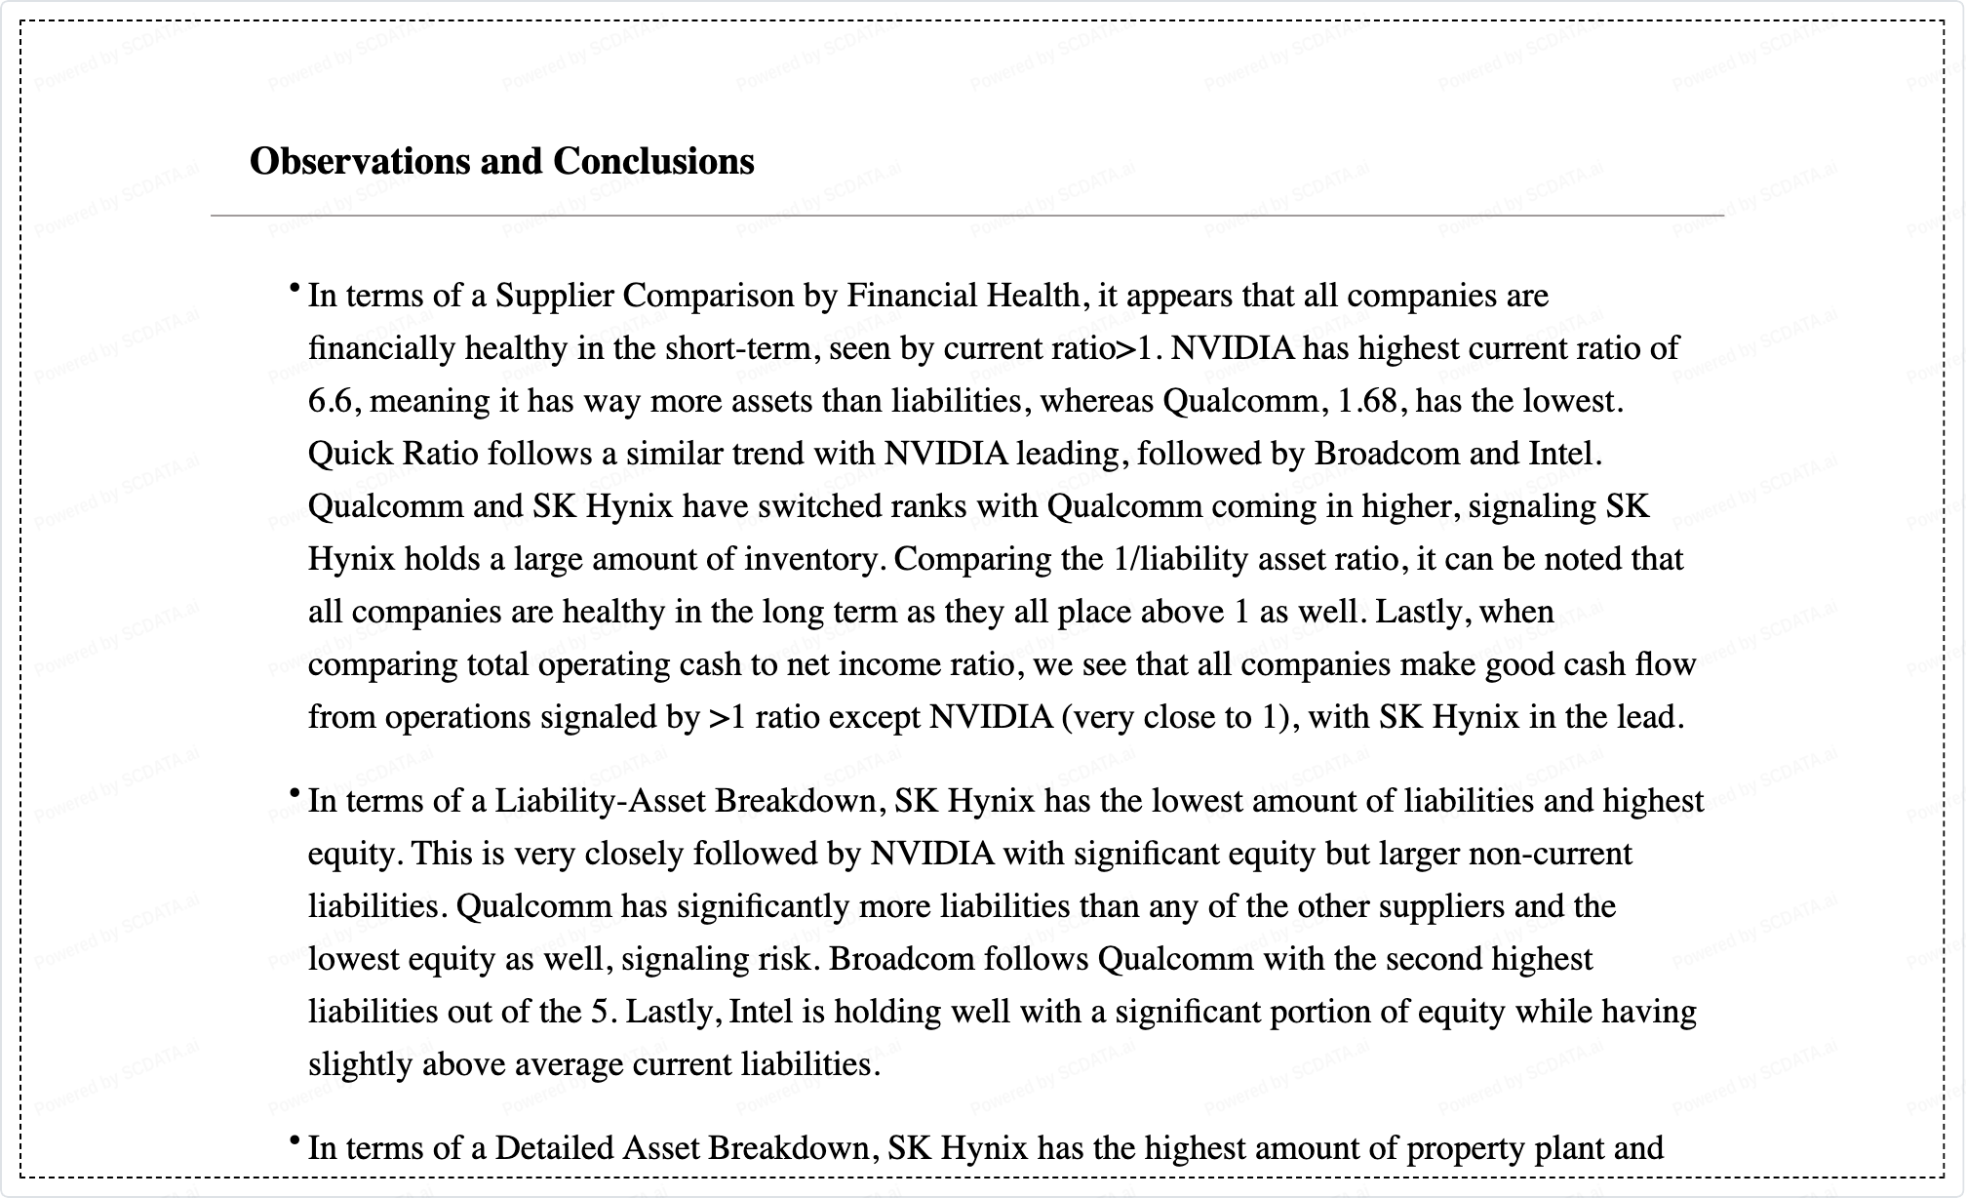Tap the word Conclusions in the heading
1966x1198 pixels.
click(653, 161)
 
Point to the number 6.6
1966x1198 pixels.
click(330, 401)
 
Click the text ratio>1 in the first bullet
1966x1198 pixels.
click(1108, 348)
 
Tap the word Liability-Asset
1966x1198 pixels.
click(600, 801)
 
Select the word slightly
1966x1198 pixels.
click(361, 1064)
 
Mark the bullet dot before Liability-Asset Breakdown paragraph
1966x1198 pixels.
click(294, 794)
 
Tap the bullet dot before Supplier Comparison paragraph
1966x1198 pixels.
click(294, 288)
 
